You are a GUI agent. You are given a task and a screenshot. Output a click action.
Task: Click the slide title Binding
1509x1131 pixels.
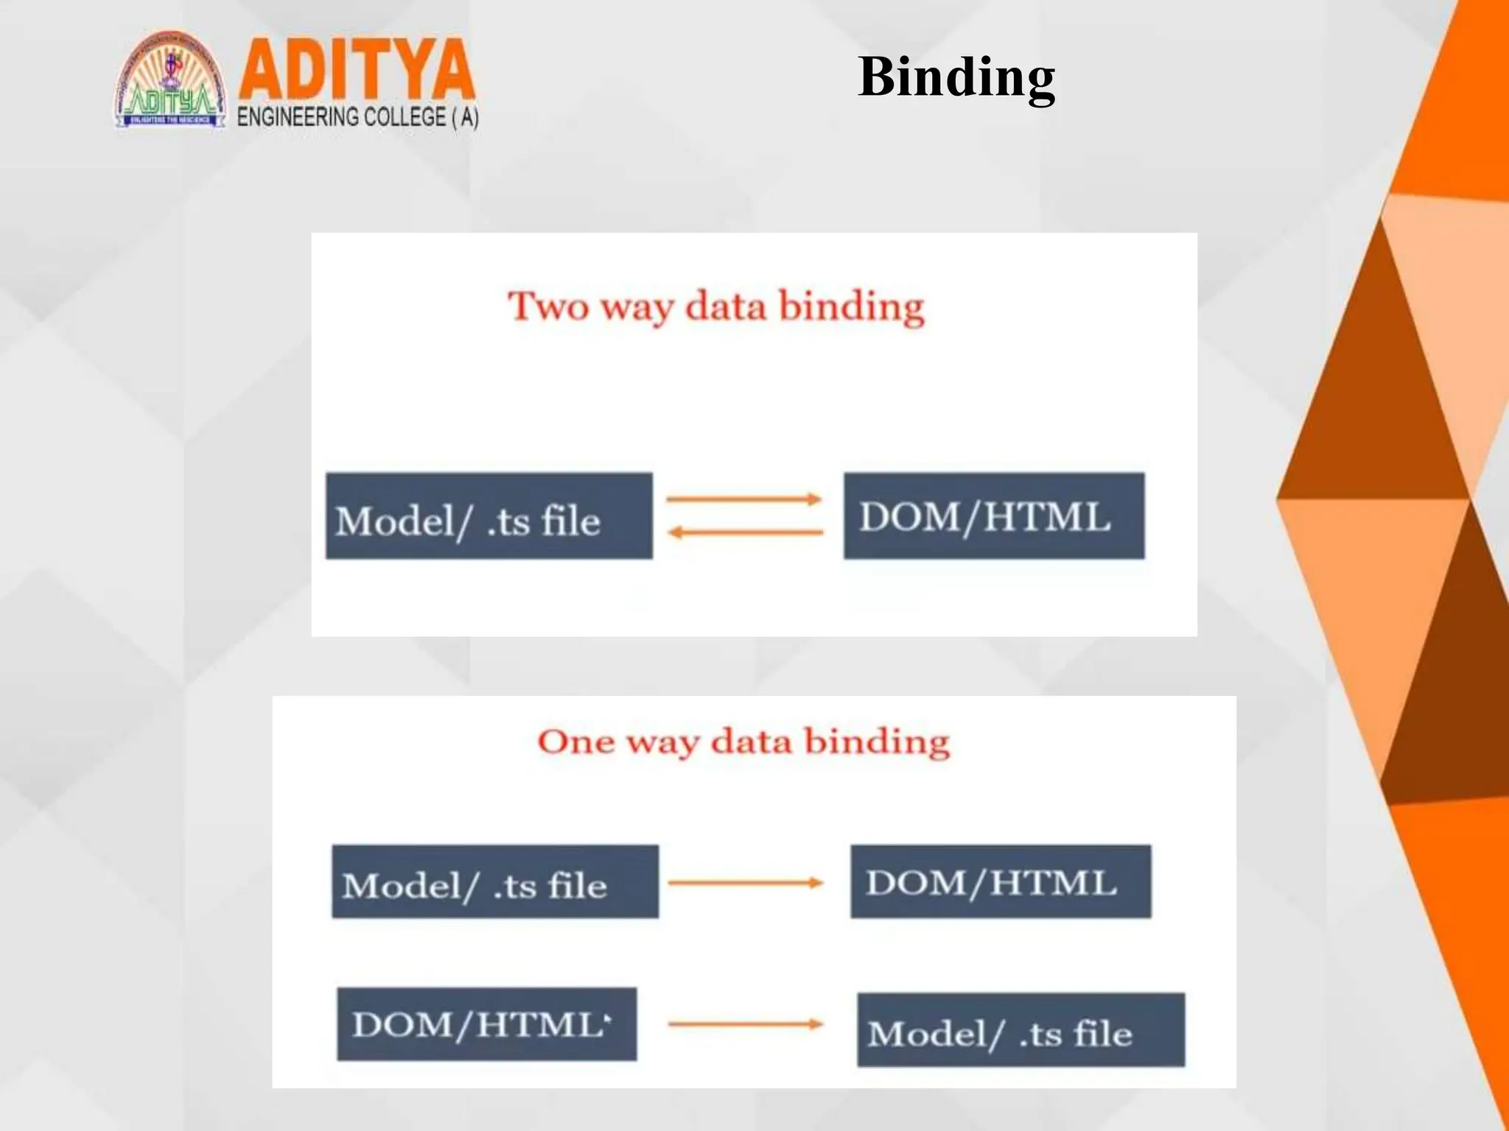click(x=956, y=77)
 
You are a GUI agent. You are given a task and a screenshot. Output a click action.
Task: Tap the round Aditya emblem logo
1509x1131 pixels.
click(x=171, y=81)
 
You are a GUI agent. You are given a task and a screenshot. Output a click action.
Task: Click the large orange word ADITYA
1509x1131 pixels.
click(x=357, y=69)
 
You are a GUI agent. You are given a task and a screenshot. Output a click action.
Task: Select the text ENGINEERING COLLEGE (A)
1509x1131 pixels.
click(x=358, y=118)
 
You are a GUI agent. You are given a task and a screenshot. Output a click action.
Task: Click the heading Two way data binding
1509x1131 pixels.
click(x=715, y=306)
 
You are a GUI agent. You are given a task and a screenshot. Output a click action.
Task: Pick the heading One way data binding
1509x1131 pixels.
click(x=743, y=741)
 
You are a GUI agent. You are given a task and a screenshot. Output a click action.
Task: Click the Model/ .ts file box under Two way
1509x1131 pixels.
click(x=489, y=516)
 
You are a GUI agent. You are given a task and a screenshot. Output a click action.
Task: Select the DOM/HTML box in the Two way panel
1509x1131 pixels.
click(x=993, y=516)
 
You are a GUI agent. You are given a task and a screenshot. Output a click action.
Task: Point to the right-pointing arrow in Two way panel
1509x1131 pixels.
click(x=744, y=499)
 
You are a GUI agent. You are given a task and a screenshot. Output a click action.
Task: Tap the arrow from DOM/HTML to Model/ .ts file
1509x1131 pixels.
click(x=745, y=1023)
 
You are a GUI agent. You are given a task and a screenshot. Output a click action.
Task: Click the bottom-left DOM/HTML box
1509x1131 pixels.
click(x=486, y=1024)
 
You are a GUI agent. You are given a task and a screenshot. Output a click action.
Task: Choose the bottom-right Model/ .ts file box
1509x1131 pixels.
click(x=1020, y=1030)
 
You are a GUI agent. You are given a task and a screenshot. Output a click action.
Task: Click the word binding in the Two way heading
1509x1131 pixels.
click(x=851, y=308)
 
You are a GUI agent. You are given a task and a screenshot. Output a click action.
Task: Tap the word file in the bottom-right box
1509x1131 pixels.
click(x=1102, y=1033)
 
